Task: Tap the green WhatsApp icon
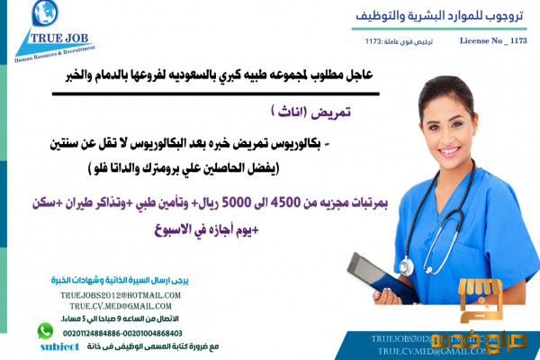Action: [x=45, y=330]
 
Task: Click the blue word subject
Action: [x=60, y=345]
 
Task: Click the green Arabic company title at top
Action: [x=433, y=16]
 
